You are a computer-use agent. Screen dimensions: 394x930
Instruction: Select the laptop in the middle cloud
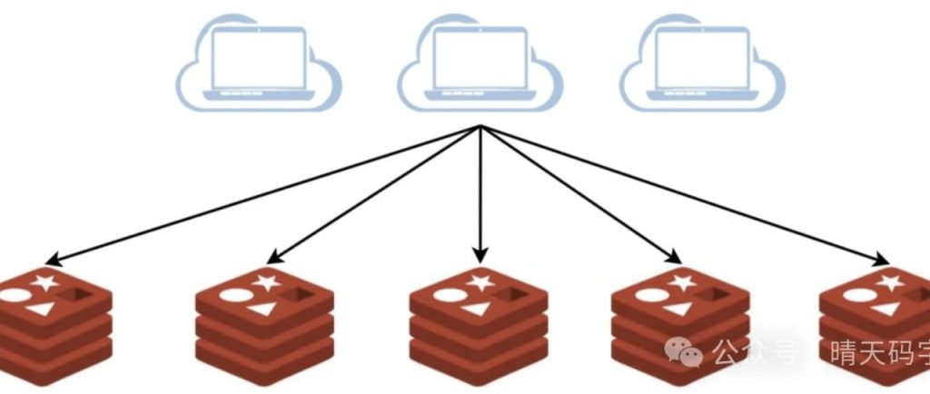coord(480,60)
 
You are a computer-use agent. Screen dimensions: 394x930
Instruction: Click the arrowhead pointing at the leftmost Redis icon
coord(53,259)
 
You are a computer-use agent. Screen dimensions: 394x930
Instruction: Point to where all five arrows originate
coord(480,126)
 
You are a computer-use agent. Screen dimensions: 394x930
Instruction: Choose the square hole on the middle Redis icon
coord(511,294)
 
